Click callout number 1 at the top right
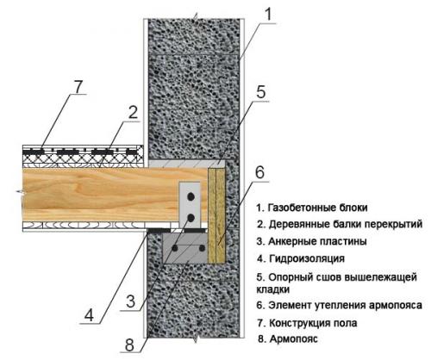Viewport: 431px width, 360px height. (x=269, y=15)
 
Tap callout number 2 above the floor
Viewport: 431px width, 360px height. (x=133, y=112)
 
